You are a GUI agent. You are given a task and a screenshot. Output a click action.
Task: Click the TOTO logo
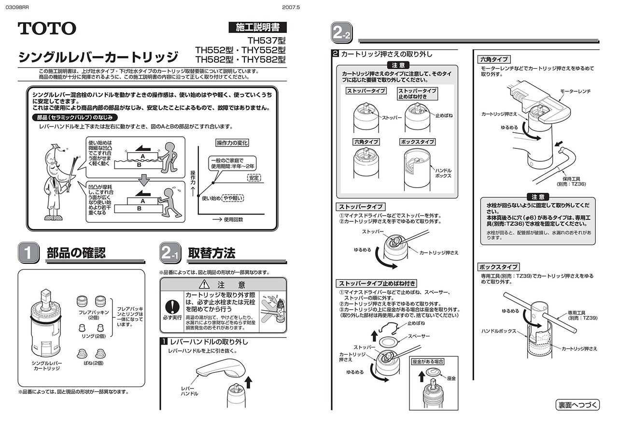[x=47, y=29]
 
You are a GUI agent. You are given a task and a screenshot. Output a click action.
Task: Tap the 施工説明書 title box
[x=257, y=27]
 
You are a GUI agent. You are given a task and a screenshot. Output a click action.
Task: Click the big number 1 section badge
[x=28, y=253]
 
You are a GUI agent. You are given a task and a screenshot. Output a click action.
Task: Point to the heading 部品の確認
[x=76, y=253]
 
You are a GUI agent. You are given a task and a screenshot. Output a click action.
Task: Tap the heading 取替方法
[x=211, y=253]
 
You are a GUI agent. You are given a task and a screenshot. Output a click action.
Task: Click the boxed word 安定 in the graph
[x=253, y=178]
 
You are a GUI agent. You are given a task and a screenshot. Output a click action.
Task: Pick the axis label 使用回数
[x=233, y=219]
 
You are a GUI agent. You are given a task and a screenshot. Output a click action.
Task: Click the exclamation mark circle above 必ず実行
[x=171, y=307]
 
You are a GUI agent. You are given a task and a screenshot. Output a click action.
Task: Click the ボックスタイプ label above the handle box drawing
[x=417, y=142]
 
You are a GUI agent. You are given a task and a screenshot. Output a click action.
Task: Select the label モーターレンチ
[x=575, y=91]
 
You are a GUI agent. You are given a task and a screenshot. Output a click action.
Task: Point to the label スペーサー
[x=419, y=336]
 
